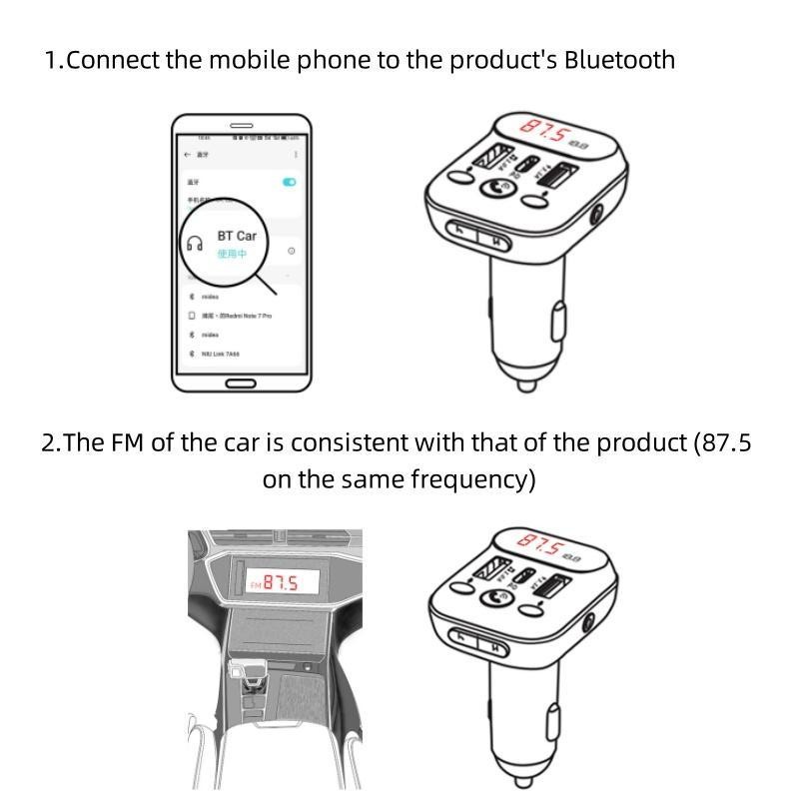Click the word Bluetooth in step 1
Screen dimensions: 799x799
click(619, 60)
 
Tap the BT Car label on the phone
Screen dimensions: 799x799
click(237, 236)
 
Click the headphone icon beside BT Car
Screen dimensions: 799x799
click(195, 242)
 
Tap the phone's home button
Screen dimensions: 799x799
click(241, 384)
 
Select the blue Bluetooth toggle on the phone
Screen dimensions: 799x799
click(290, 182)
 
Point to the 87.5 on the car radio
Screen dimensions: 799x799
click(280, 582)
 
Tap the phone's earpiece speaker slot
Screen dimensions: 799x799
click(241, 125)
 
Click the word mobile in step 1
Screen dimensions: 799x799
click(246, 60)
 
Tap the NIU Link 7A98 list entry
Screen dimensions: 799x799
click(224, 354)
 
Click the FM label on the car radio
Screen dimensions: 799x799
click(255, 582)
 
